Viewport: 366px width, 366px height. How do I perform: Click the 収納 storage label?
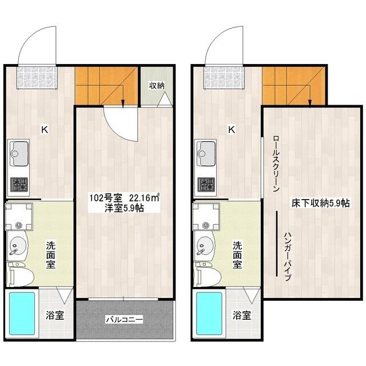click(157, 86)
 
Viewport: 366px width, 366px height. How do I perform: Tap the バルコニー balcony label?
click(124, 319)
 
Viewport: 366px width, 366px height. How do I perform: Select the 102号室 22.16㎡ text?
click(125, 198)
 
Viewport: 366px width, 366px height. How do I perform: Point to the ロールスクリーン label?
click(276, 163)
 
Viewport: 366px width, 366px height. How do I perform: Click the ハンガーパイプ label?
click(288, 257)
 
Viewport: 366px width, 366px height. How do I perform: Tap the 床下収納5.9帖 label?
click(320, 203)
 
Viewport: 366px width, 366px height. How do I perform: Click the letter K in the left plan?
click(45, 129)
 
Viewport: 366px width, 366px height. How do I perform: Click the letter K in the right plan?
click(232, 129)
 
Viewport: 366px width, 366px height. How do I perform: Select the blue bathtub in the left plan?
click(22, 313)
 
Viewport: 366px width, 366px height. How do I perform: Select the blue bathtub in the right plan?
click(209, 313)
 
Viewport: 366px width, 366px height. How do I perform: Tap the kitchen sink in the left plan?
click(19, 153)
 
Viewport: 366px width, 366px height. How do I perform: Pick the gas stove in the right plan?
click(206, 185)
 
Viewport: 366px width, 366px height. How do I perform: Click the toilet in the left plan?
click(19, 274)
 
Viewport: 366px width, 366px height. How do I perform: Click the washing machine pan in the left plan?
click(19, 217)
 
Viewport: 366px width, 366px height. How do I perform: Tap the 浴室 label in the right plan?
click(242, 315)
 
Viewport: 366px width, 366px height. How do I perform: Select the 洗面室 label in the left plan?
click(50, 255)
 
